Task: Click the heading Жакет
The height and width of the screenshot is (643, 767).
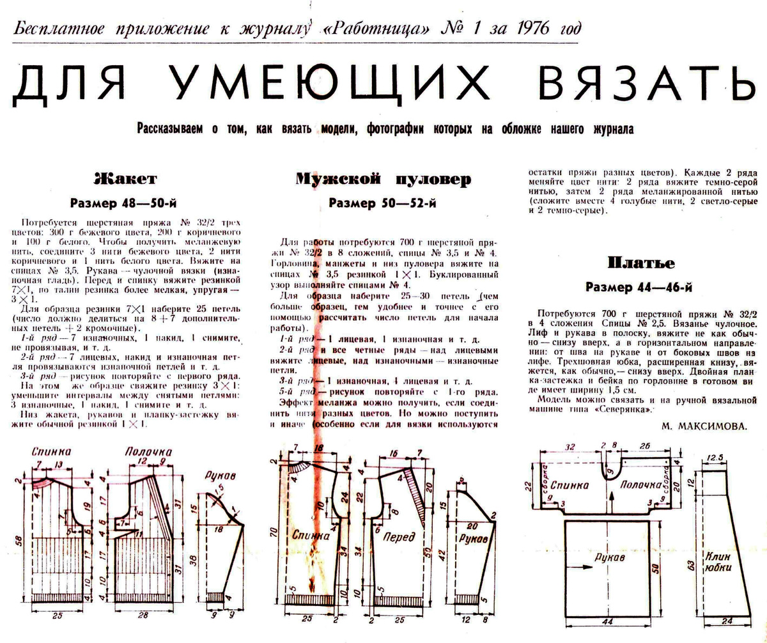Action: [125, 178]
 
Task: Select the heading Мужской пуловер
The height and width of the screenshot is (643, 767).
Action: [383, 180]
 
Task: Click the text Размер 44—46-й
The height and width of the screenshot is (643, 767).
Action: [639, 288]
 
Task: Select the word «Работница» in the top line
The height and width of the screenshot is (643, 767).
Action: [396, 29]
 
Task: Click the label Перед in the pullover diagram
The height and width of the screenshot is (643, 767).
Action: [399, 538]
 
